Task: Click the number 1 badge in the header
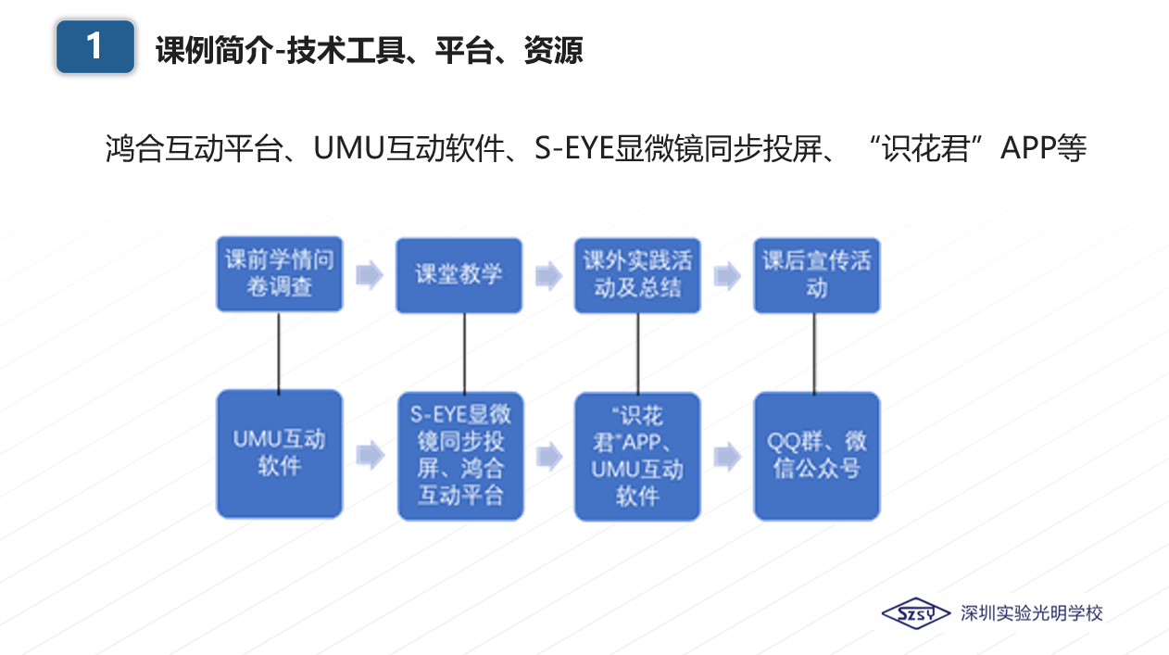(94, 46)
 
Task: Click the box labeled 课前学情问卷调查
(280, 274)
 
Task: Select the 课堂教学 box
(459, 274)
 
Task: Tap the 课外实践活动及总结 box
(637, 274)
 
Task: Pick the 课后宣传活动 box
(816, 274)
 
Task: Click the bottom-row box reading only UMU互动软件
(280, 453)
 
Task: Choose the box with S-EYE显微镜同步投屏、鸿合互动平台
(460, 455)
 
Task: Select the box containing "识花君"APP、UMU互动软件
(637, 455)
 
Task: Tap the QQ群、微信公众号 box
(816, 455)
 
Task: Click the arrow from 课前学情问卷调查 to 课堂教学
(370, 275)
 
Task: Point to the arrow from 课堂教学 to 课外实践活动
(548, 275)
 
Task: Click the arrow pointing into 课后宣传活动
(727, 275)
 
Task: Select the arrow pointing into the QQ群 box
(727, 456)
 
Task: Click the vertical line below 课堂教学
(463, 352)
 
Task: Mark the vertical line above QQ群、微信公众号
(814, 352)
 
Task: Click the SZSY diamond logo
(915, 613)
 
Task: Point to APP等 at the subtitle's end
(1043, 149)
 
